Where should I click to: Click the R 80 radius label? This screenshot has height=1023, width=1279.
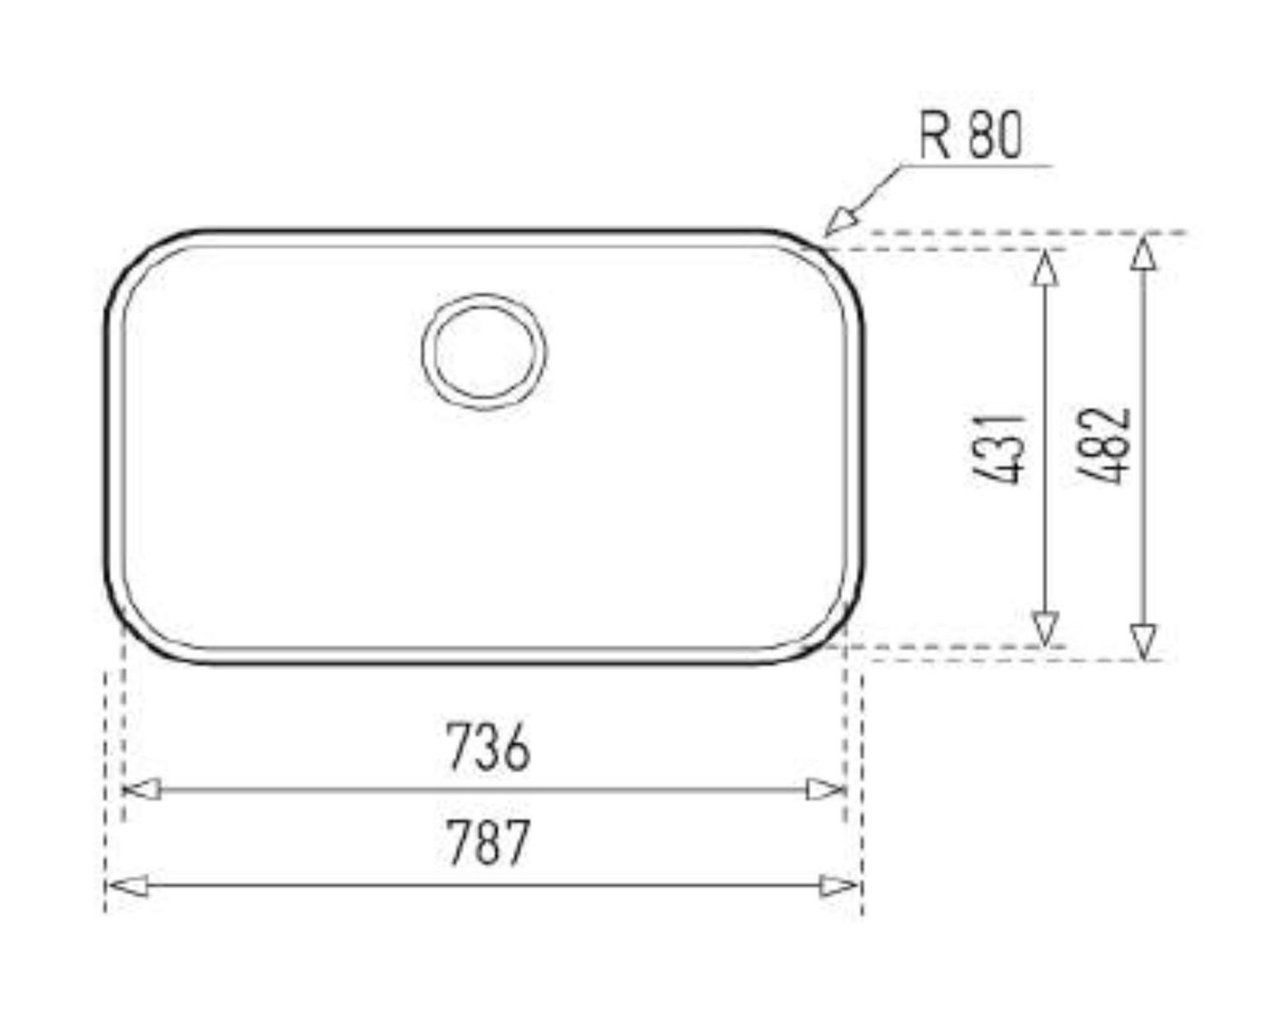tap(971, 135)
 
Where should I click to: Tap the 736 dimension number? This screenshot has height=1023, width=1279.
tap(488, 746)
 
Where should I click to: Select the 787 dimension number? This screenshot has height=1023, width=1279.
tap(488, 842)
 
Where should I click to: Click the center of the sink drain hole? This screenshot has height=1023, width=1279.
tap(484, 352)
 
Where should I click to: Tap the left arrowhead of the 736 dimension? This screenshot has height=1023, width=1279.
tap(141, 790)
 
